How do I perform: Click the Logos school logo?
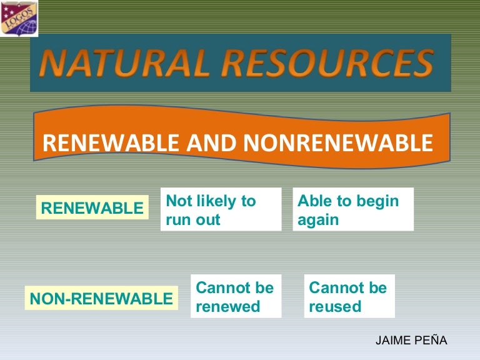(x=19, y=17)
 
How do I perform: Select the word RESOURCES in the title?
(x=328, y=63)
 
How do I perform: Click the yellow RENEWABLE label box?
(x=92, y=208)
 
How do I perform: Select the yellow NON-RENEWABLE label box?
(x=101, y=299)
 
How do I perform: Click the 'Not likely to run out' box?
(x=221, y=210)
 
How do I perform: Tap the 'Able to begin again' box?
(x=353, y=210)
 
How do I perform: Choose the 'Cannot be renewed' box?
(x=236, y=296)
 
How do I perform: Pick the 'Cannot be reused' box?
(x=349, y=296)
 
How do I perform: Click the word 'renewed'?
(x=227, y=306)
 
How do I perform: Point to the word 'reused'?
(x=335, y=306)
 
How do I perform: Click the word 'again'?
(x=318, y=220)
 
